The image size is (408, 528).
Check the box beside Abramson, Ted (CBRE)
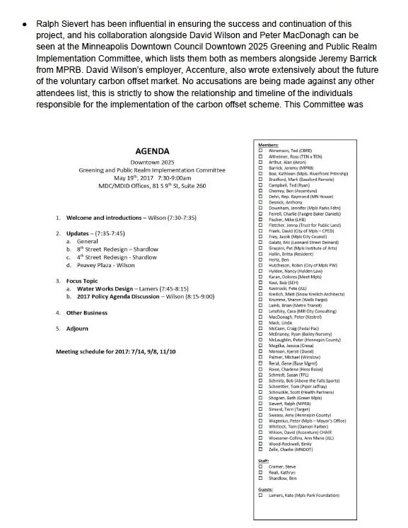point(261,148)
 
